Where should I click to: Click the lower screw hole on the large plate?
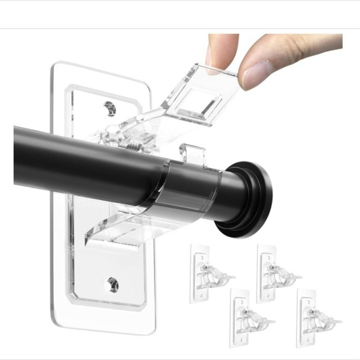pyautogui.click(x=112, y=284)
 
